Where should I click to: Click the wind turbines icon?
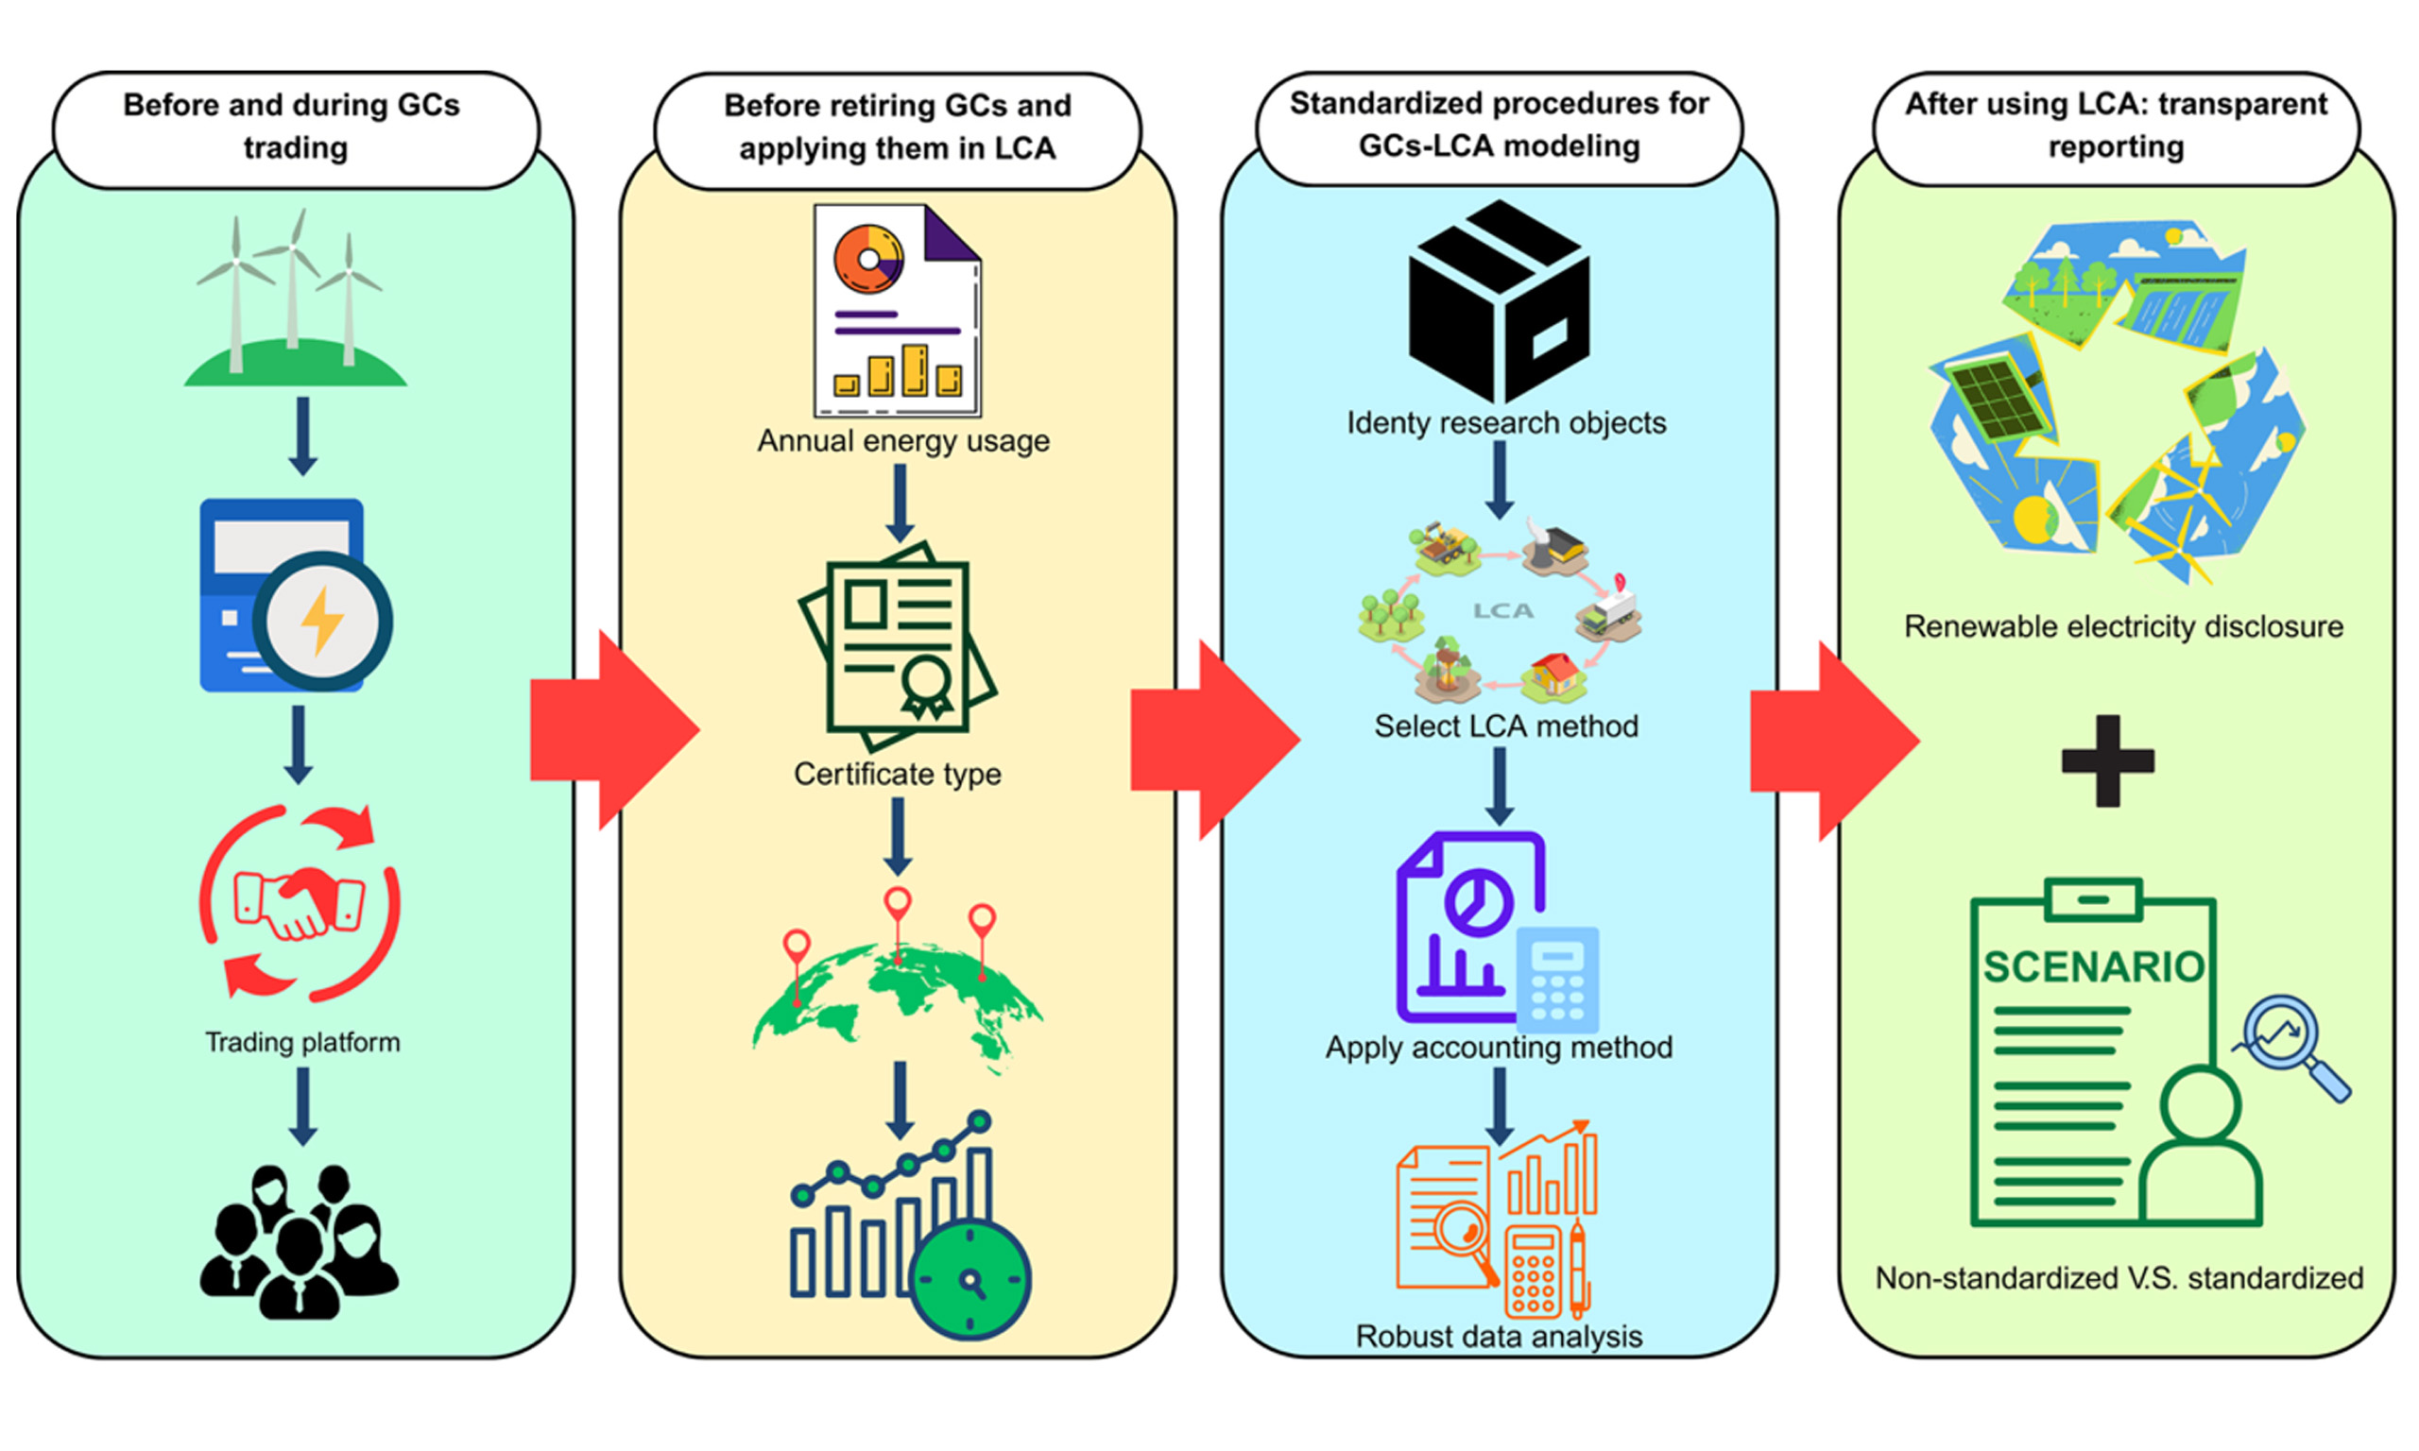(294, 299)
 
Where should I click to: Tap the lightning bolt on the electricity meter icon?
(321, 621)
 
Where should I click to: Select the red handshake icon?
(299, 901)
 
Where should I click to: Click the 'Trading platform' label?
(302, 1042)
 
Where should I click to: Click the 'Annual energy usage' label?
(902, 441)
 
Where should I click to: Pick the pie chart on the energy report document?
(867, 259)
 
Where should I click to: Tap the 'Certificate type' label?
(897, 775)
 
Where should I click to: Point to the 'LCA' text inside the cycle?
(1502, 611)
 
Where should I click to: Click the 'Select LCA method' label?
(1506, 726)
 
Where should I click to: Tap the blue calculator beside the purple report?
(1556, 978)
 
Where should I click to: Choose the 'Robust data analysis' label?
(1498, 1337)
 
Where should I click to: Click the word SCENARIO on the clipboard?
(2093, 967)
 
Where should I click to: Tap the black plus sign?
(2107, 760)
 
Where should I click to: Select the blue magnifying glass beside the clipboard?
(2288, 1042)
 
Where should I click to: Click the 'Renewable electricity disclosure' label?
(2122, 626)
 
